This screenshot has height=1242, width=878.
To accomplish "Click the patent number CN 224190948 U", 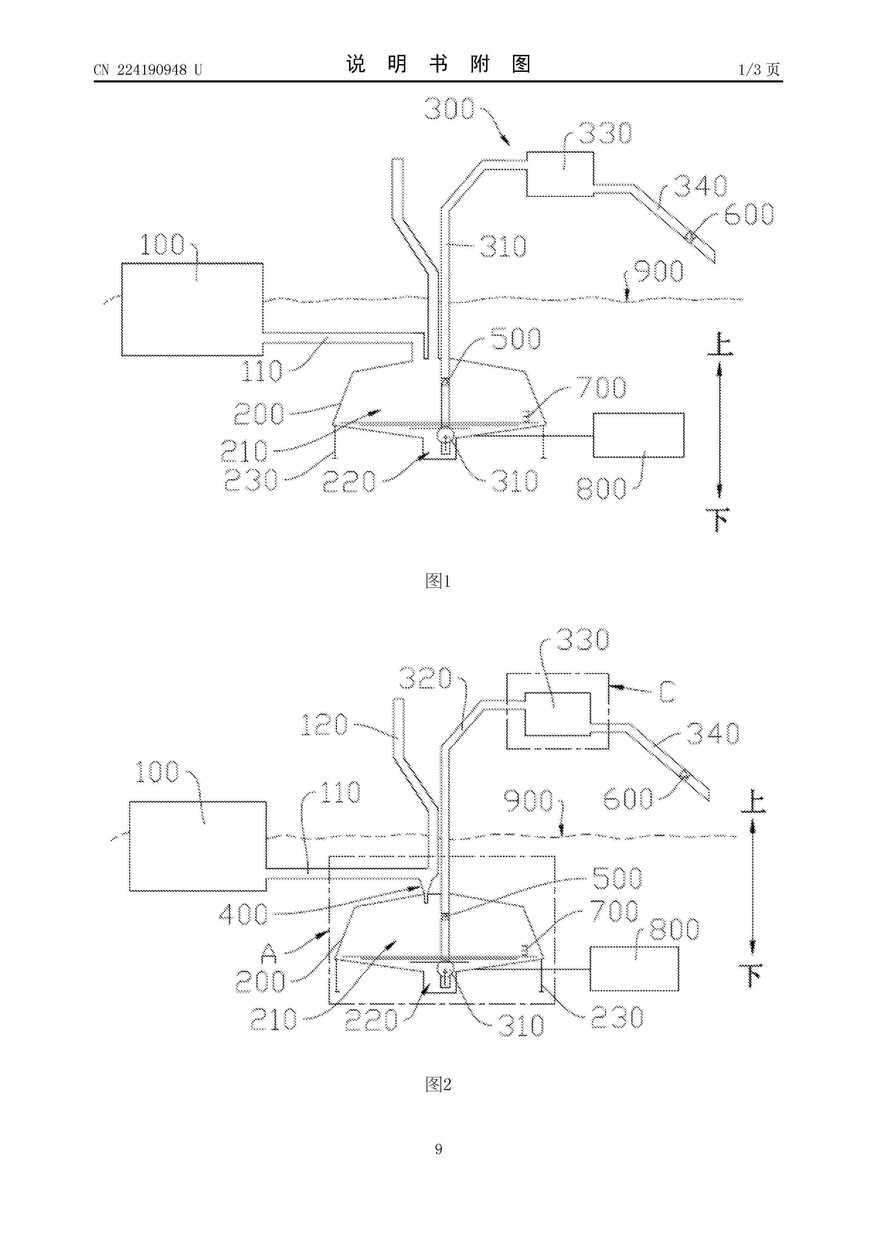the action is (x=148, y=70).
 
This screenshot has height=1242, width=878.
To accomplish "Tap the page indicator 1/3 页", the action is (x=759, y=69).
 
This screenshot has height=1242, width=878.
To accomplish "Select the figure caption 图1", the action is (x=438, y=581).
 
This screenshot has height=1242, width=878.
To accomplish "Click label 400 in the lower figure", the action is (x=244, y=914).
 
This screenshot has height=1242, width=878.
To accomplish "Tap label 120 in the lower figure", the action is (x=324, y=724).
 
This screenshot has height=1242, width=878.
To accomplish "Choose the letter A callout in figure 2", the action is (x=269, y=953).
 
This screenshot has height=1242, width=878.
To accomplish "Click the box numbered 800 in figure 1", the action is (x=638, y=435).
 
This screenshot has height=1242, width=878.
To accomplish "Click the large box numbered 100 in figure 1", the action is (x=192, y=309).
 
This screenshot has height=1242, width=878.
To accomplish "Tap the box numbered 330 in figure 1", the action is (x=560, y=173).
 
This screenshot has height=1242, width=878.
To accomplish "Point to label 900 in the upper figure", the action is (x=658, y=271).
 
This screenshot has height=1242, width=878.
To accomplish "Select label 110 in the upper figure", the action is (x=262, y=371).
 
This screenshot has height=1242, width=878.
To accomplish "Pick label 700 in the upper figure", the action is (x=601, y=387).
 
